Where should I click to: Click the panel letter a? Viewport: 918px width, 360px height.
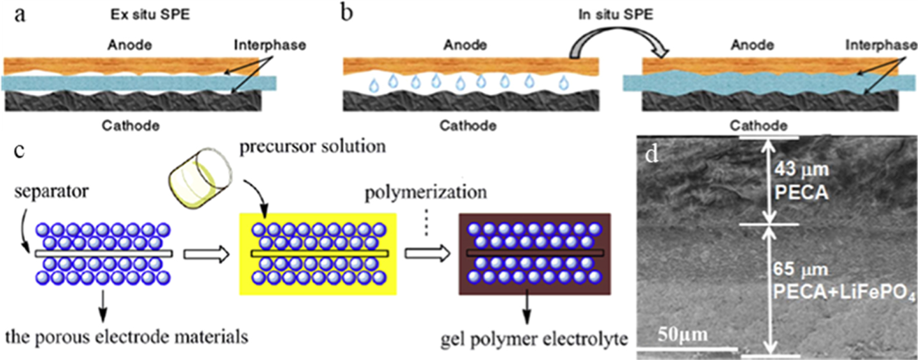tap(19, 13)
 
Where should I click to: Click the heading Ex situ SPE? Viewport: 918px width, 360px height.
tap(150, 15)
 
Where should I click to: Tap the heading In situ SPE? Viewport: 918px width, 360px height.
tap(615, 15)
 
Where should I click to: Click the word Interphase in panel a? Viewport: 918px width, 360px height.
tap(270, 45)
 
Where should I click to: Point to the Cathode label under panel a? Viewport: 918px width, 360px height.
tap(130, 126)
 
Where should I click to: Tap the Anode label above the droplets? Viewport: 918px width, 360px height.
tap(465, 45)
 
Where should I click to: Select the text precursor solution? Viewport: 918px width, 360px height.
tap(312, 146)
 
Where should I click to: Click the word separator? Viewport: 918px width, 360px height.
tap(51, 191)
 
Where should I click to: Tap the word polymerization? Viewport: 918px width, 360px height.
tap(425, 192)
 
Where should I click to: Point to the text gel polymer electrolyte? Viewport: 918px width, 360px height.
tap(534, 340)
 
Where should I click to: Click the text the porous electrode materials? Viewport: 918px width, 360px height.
tap(126, 337)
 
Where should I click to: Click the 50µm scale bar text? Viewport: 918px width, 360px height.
tap(682, 335)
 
